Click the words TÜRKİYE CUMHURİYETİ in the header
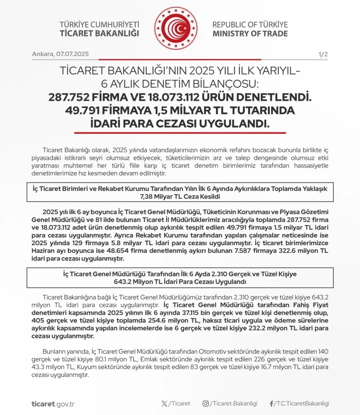[100, 24]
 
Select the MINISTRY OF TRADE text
[250, 34]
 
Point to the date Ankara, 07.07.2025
[60, 54]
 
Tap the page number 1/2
[323, 54]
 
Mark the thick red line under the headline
[180, 133]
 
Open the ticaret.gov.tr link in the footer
[53, 403]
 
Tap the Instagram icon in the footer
[205, 403]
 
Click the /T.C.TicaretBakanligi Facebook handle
[302, 403]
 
